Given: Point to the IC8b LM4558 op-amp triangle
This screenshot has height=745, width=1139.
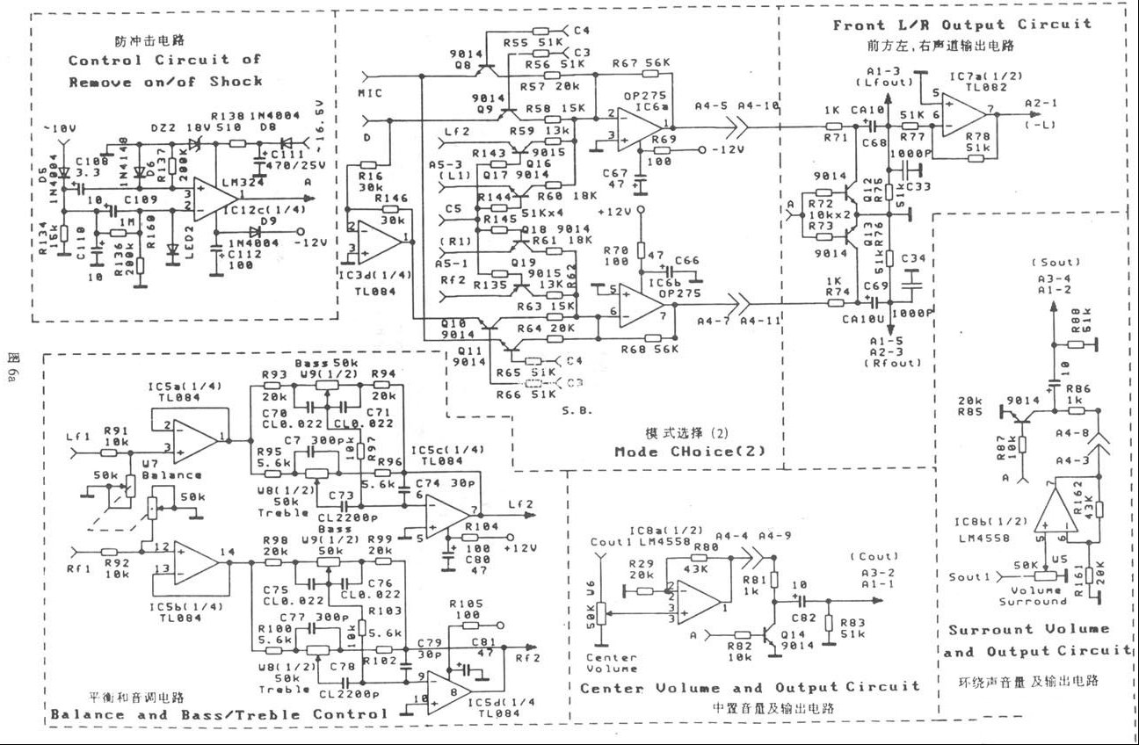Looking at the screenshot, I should click(1058, 518).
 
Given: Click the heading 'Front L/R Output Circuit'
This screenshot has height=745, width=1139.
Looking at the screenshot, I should click(961, 25).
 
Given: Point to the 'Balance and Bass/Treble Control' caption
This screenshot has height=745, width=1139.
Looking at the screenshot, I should click(219, 714).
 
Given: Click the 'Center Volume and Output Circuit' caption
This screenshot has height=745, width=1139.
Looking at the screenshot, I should click(750, 687).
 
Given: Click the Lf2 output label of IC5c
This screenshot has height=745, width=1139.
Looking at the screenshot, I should click(522, 503).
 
